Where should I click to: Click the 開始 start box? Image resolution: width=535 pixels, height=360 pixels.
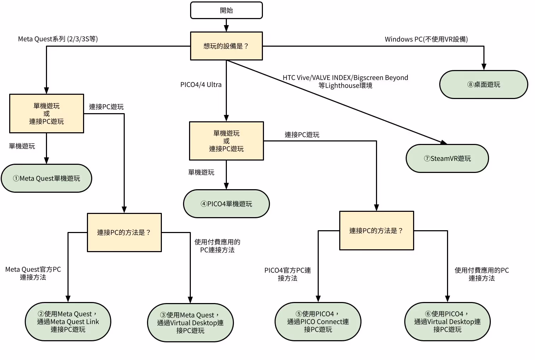point(226,10)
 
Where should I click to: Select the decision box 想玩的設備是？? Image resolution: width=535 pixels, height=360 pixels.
point(226,46)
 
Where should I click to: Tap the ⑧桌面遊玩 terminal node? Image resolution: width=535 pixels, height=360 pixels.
point(483,85)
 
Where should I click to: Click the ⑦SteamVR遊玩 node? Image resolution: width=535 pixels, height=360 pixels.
point(447,158)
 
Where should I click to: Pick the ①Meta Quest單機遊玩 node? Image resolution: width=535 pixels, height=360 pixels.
point(46,178)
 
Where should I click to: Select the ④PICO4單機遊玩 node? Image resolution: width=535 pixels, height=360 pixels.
point(226,204)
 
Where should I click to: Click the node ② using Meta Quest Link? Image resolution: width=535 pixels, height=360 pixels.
point(68,321)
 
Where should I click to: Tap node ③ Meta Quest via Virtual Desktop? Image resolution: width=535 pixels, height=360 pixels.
point(190,323)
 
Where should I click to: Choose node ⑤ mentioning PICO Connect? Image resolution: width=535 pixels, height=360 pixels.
point(318,321)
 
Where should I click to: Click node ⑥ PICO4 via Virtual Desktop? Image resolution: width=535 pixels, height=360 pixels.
point(447,321)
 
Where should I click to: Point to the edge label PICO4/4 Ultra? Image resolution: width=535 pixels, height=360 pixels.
point(201,85)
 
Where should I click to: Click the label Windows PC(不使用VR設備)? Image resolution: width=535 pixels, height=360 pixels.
point(426,39)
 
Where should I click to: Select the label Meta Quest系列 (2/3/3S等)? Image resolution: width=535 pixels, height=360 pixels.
point(58,39)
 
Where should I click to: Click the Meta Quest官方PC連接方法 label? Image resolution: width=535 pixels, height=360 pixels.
point(33,273)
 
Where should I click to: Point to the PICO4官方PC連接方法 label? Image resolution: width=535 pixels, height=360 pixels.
point(287,274)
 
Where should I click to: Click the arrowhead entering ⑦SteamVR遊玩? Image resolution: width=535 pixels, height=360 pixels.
point(444,142)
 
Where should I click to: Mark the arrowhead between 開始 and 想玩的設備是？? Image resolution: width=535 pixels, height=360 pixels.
point(226,29)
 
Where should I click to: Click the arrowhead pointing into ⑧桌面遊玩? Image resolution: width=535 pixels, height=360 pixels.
point(483,67)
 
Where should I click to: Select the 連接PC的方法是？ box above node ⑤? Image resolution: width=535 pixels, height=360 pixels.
point(376,231)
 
